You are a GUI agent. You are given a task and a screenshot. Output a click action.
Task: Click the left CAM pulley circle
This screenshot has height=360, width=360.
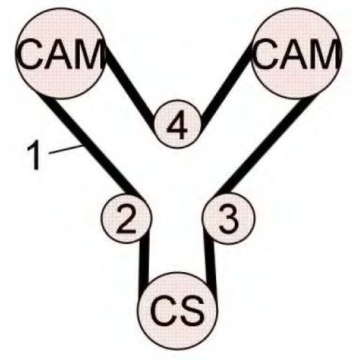60,53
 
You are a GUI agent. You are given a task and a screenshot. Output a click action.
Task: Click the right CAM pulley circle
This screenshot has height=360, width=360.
297,53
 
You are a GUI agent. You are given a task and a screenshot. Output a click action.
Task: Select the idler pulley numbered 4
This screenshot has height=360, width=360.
178,124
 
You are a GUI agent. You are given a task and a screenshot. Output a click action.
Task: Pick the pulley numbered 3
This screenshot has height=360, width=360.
228,218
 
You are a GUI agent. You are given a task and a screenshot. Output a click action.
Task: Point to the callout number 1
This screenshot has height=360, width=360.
34,155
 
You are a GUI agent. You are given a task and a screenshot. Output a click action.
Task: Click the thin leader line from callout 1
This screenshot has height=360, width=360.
66,149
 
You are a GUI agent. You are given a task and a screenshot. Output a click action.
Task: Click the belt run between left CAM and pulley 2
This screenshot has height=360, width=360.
92,146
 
